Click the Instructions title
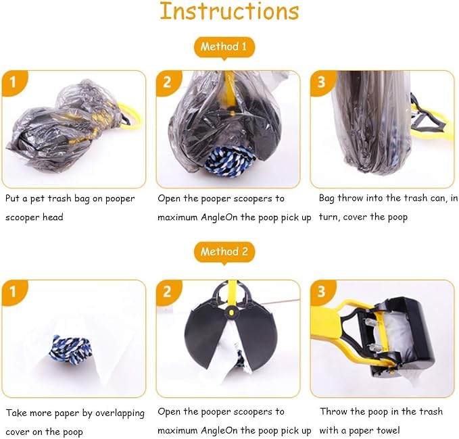229,11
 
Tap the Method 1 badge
224,47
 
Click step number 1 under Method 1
13,82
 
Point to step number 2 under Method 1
167,82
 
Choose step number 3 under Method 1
321,82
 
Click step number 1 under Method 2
13,292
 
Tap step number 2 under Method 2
167,292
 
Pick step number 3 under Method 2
321,292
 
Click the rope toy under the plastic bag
230,160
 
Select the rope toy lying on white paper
70,349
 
